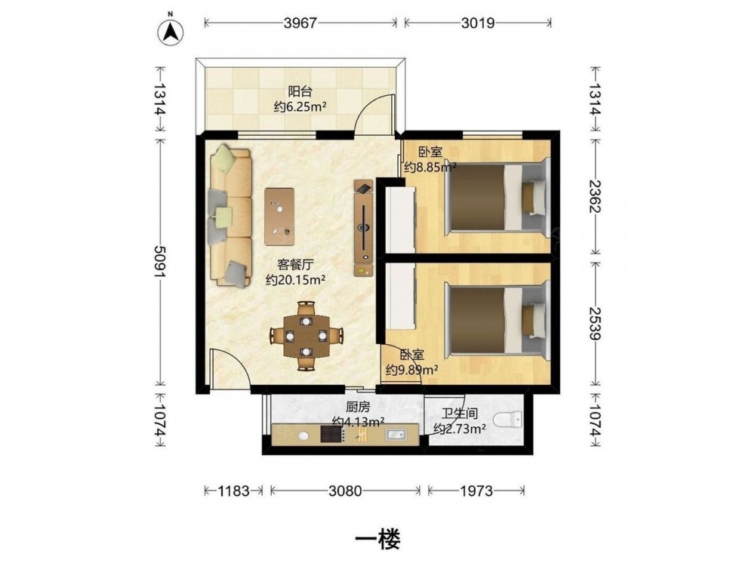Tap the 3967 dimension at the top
(x=300, y=23)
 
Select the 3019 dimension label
(x=478, y=23)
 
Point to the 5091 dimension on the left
(x=160, y=262)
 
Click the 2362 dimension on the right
(x=596, y=197)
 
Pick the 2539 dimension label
(x=596, y=323)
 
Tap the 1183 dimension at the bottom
(x=233, y=491)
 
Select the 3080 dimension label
(x=345, y=491)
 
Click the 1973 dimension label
(x=476, y=491)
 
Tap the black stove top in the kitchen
(x=331, y=434)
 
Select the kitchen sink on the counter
(x=396, y=435)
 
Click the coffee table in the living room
(x=279, y=217)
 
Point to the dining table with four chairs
(x=306, y=336)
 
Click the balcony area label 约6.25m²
(x=300, y=107)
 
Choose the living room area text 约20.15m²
(x=295, y=280)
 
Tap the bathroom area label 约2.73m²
(x=459, y=429)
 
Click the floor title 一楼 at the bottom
(x=377, y=540)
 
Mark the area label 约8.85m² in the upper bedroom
(x=430, y=167)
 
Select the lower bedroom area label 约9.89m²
(x=411, y=370)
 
